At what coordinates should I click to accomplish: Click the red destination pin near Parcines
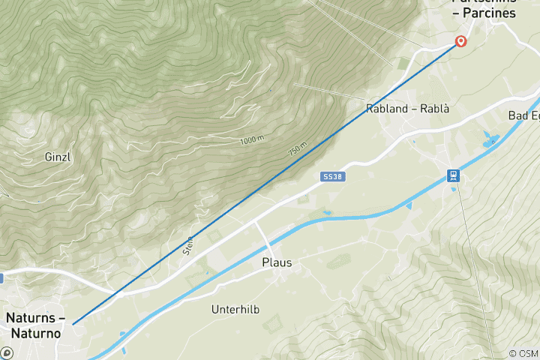point(460,42)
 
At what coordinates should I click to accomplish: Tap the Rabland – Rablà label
point(407,109)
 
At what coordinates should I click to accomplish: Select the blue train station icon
point(454,175)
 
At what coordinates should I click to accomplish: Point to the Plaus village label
point(276,263)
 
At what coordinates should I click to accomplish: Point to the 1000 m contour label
point(252,139)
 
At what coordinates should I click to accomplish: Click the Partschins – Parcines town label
point(484,8)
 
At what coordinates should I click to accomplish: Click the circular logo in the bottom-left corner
point(7,352)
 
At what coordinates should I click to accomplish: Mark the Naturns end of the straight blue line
point(73,323)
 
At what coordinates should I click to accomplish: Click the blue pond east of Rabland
point(490,139)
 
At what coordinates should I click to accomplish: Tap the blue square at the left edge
point(1,278)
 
